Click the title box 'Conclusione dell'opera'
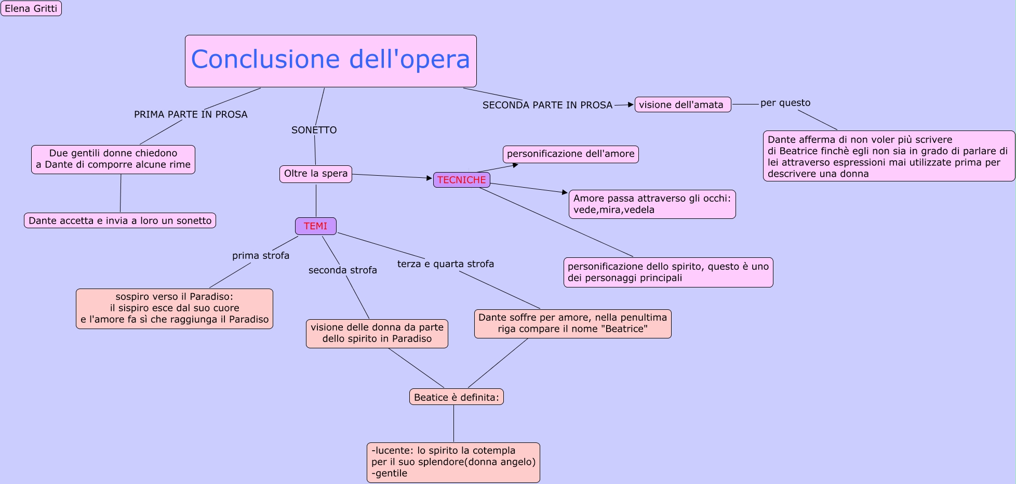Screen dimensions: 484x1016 (x=330, y=61)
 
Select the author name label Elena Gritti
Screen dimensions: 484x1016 (x=31, y=8)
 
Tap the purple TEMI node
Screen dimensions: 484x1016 (x=315, y=226)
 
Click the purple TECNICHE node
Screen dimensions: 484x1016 (x=461, y=180)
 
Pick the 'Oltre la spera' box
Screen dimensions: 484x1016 (x=315, y=174)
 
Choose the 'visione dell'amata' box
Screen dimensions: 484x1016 (x=683, y=104)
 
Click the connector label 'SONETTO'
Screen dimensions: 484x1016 (x=314, y=130)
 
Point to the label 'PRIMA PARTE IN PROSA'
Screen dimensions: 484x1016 (x=191, y=114)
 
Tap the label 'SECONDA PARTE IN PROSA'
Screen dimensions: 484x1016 (x=547, y=105)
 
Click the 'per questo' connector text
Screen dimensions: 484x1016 (x=785, y=103)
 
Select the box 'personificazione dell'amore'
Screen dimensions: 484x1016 (x=570, y=154)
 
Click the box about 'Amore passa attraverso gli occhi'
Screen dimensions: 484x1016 (x=652, y=204)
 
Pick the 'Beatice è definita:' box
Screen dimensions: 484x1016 (x=456, y=397)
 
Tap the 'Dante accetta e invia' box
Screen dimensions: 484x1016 (x=120, y=220)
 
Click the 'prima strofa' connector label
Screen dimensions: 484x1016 (x=260, y=256)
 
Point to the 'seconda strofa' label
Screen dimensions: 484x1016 (x=342, y=270)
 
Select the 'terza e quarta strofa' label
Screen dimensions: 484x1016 (x=445, y=264)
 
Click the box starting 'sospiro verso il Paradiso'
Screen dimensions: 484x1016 (x=175, y=308)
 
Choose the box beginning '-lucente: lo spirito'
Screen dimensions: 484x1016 (x=453, y=462)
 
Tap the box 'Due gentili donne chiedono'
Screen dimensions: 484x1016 (x=113, y=159)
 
